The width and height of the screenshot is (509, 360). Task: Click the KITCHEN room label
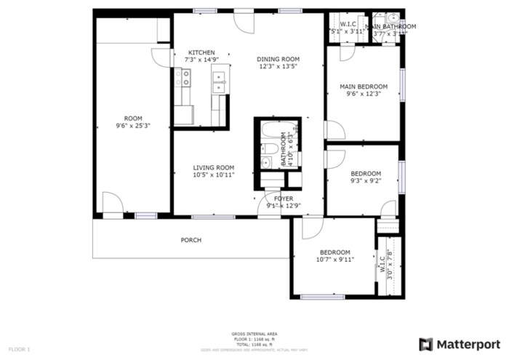click(x=201, y=52)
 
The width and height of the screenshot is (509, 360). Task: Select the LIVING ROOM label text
click(x=214, y=167)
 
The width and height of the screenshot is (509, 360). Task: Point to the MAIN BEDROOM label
click(x=364, y=86)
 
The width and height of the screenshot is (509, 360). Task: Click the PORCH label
click(x=191, y=240)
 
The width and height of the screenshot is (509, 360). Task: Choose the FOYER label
click(x=284, y=198)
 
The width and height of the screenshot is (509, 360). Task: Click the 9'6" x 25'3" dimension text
click(x=133, y=126)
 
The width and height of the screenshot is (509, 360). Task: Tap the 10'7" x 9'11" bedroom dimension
click(x=335, y=259)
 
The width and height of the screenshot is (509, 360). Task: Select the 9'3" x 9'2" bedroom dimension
click(x=366, y=180)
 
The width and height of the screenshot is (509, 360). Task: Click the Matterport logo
click(x=460, y=344)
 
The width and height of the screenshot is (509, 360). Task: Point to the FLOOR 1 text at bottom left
click(x=20, y=350)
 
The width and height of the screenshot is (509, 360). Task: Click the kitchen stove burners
click(x=186, y=78)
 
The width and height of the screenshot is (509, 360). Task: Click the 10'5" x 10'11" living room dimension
click(x=214, y=175)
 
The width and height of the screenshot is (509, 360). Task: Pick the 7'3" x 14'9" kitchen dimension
click(x=201, y=60)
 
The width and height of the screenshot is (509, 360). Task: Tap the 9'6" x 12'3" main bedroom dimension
click(x=364, y=93)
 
